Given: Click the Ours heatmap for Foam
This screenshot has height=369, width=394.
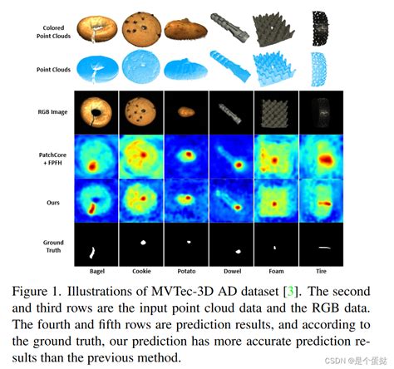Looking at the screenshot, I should tap(273, 200).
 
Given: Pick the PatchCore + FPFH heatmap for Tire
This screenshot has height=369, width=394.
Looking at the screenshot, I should tap(318, 155).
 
